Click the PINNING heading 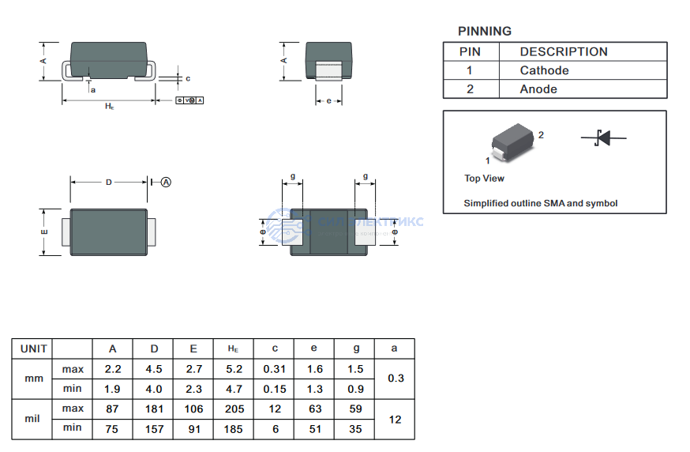point(484,32)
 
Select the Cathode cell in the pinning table point(544,70)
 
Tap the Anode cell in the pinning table point(538,89)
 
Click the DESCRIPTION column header point(564,51)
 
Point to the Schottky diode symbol point(603,137)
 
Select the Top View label point(484,179)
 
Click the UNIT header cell point(34,348)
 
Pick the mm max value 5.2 point(234,369)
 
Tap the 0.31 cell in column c point(274,369)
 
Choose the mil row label point(32,419)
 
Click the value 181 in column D point(154,409)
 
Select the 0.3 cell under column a point(395,379)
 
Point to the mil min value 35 point(354,428)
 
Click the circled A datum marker point(166,182)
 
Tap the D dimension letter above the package point(109,183)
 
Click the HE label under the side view point(110,106)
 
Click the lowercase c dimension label point(187,78)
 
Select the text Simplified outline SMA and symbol point(540,203)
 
